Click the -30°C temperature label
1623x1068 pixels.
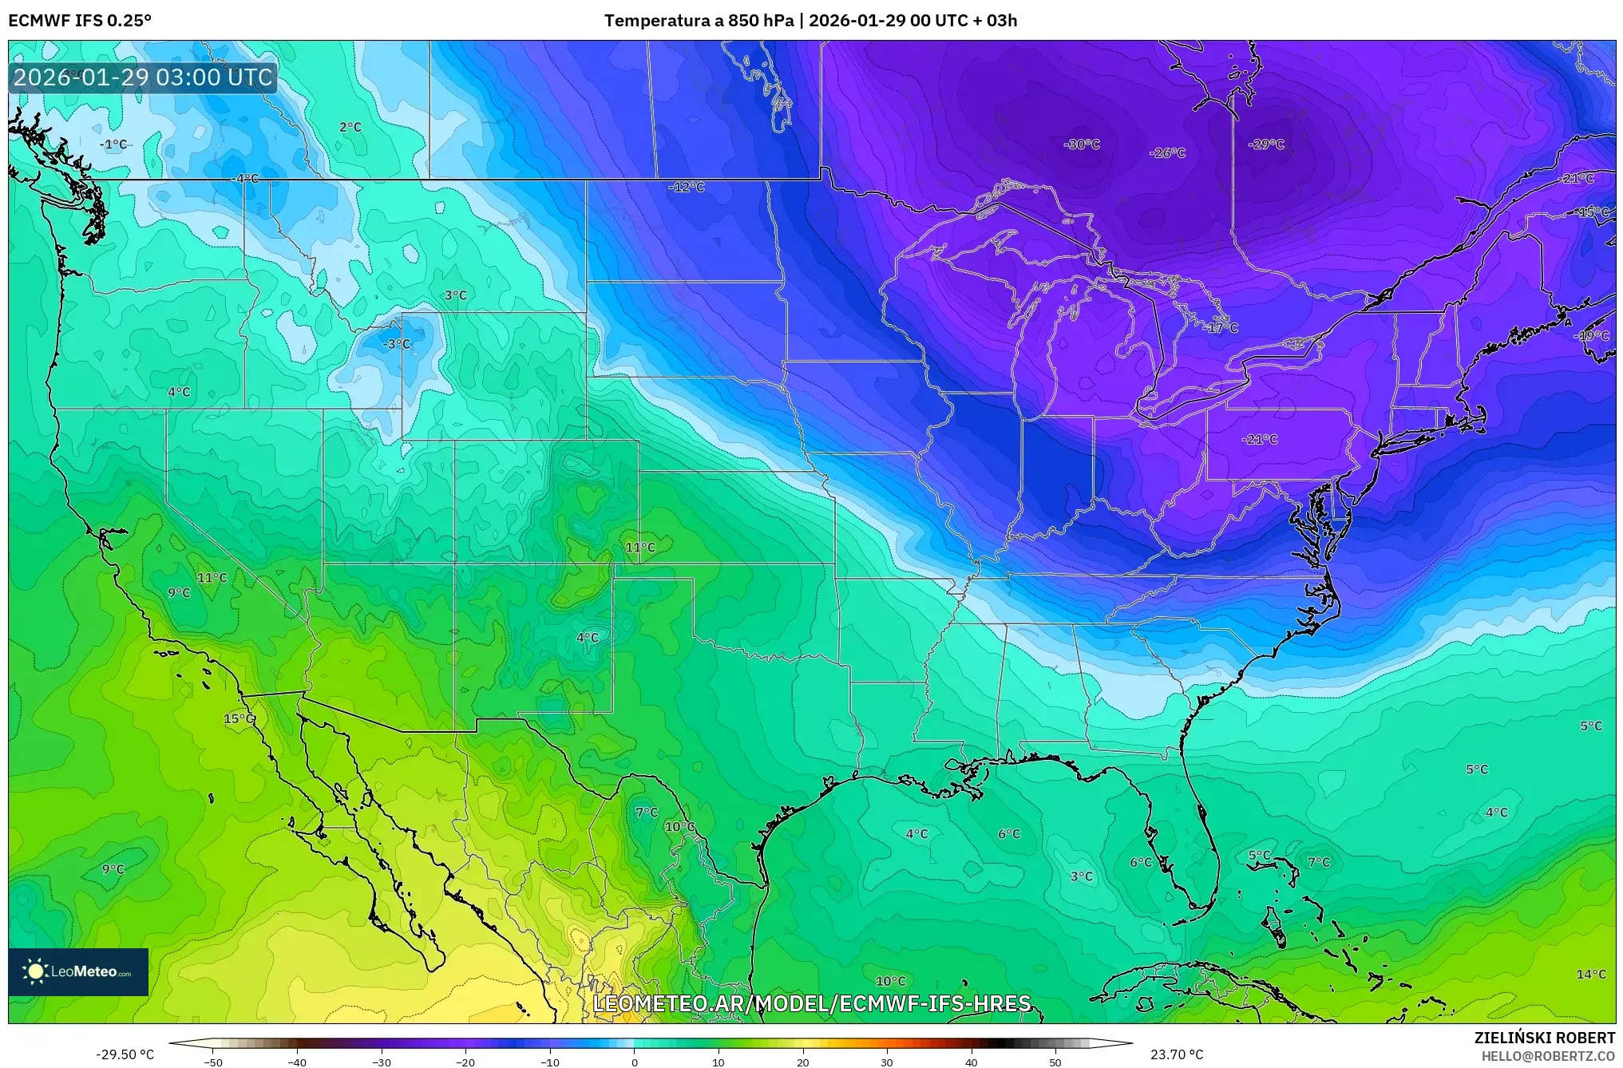[x=1082, y=144]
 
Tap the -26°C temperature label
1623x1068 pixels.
[x=1167, y=153]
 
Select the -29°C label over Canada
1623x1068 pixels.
[x=1266, y=144]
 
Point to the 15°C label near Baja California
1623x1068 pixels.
[x=239, y=719]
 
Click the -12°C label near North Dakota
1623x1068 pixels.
[x=687, y=188]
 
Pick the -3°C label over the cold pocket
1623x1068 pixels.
[x=397, y=344]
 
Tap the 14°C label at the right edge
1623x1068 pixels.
[x=1590, y=975]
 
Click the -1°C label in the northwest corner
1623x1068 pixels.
[x=113, y=144]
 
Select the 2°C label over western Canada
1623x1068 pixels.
[x=350, y=127]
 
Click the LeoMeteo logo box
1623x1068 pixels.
[x=78, y=971]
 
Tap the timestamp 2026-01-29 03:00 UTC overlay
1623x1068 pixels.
[x=144, y=77]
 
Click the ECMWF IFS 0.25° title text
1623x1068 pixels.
[x=80, y=21]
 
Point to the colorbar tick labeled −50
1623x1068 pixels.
[x=213, y=1062]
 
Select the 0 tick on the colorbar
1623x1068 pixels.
[x=635, y=1062]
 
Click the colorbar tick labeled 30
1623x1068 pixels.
[x=887, y=1062]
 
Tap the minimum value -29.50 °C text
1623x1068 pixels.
[x=125, y=1054]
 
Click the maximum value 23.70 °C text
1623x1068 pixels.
[x=1177, y=1054]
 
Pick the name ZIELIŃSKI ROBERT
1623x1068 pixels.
[x=1545, y=1038]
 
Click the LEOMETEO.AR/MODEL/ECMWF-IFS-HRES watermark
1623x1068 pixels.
[x=812, y=1003]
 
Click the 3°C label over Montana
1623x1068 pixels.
[x=455, y=295]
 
